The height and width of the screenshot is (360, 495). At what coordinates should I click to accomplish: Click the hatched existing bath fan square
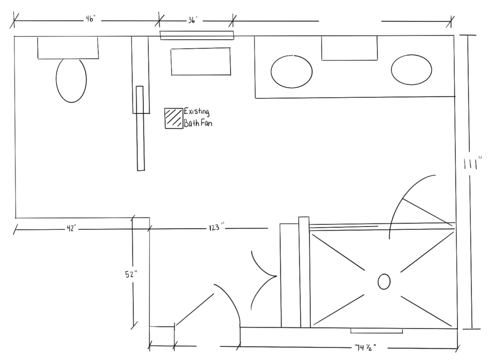173,118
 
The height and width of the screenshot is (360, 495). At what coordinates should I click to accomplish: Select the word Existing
196,112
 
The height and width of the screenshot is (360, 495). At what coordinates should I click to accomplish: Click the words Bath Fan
198,124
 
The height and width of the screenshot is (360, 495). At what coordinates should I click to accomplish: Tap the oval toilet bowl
71,80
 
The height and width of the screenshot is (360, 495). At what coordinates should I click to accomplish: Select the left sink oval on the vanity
291,72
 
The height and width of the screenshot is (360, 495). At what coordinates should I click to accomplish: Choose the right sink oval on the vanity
411,70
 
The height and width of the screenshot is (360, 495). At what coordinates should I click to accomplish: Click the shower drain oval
384,282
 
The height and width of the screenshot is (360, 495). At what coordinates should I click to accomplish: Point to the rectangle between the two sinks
349,48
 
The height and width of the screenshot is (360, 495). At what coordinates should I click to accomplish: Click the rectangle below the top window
201,61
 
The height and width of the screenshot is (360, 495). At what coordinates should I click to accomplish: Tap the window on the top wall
197,35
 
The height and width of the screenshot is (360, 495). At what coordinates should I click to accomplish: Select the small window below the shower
377,331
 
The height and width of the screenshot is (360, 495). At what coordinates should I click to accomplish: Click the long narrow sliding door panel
140,128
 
